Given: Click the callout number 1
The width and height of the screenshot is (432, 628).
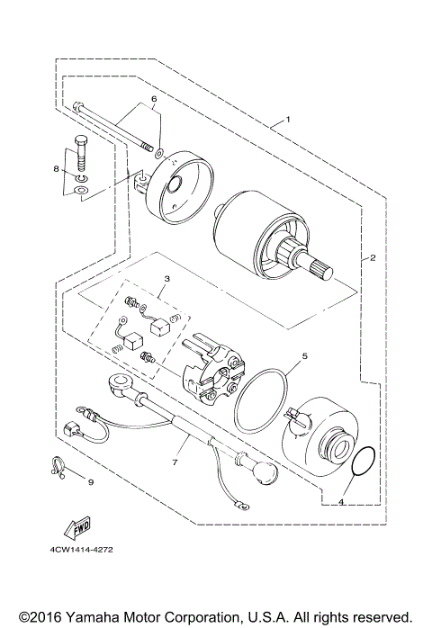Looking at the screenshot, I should (x=288, y=120).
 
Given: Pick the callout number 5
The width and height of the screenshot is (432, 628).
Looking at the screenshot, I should (x=304, y=356).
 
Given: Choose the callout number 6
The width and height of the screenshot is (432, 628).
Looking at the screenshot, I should (x=154, y=99).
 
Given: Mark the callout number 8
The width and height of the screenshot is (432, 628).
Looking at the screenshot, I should (x=56, y=168).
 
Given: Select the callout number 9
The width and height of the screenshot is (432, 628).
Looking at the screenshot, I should (x=90, y=481).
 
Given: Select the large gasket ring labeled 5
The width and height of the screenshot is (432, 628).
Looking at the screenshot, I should (x=261, y=399).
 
